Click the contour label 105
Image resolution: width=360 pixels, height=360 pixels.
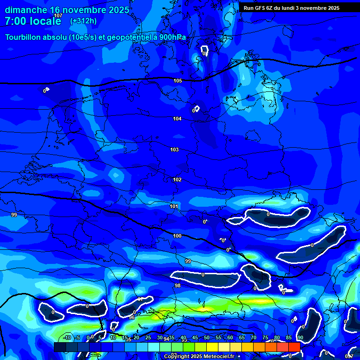click(178, 81)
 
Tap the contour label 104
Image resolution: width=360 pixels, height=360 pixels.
click(177, 119)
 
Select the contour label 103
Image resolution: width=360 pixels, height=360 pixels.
click(174, 150)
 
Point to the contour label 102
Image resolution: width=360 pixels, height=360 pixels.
click(177, 180)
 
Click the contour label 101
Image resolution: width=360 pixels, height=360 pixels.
click(174, 206)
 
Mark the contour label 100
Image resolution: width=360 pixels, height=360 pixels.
click(177, 236)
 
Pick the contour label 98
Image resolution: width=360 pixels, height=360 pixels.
click(177, 285)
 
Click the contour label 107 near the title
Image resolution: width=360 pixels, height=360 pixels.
click(58, 15)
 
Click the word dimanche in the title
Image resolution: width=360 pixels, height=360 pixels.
click(26, 9)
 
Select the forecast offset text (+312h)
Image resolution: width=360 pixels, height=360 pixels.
click(83, 21)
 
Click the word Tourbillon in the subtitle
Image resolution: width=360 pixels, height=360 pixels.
click(25, 37)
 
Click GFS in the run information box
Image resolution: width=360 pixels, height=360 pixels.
click(262, 8)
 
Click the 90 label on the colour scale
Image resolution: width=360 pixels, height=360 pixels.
click(300, 337)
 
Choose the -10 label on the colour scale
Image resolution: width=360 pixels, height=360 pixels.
click(67, 337)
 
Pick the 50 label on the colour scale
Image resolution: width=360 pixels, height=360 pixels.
click(207, 337)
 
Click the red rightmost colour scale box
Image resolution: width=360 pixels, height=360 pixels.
click(294, 347)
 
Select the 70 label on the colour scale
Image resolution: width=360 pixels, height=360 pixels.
click(254, 337)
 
